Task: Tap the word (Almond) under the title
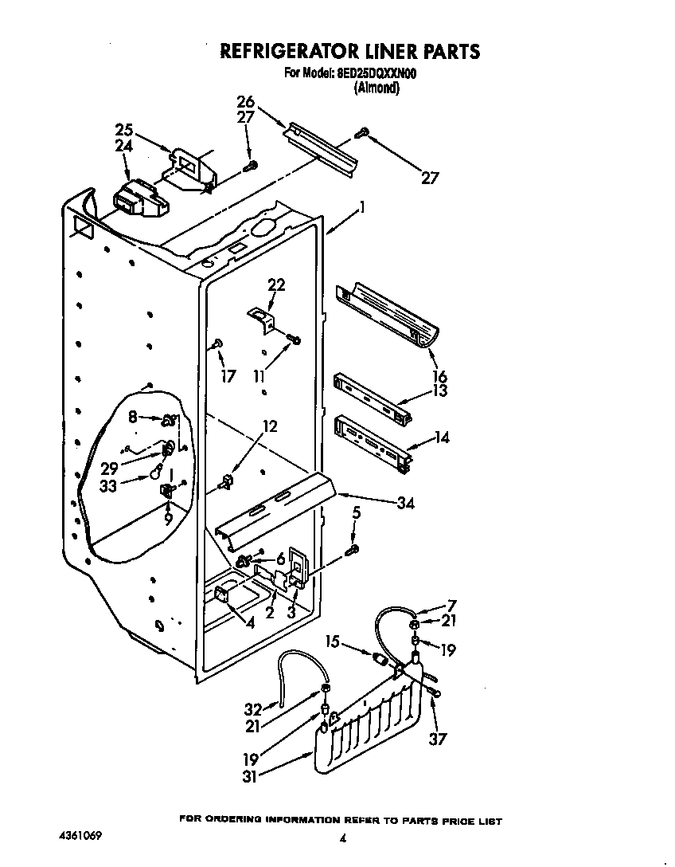(x=377, y=88)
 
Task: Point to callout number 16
(x=439, y=375)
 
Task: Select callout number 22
(x=276, y=284)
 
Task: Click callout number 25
(x=124, y=130)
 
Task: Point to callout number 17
(x=228, y=375)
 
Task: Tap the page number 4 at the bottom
(x=342, y=838)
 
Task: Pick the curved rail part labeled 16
(x=386, y=316)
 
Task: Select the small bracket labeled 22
(x=260, y=317)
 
